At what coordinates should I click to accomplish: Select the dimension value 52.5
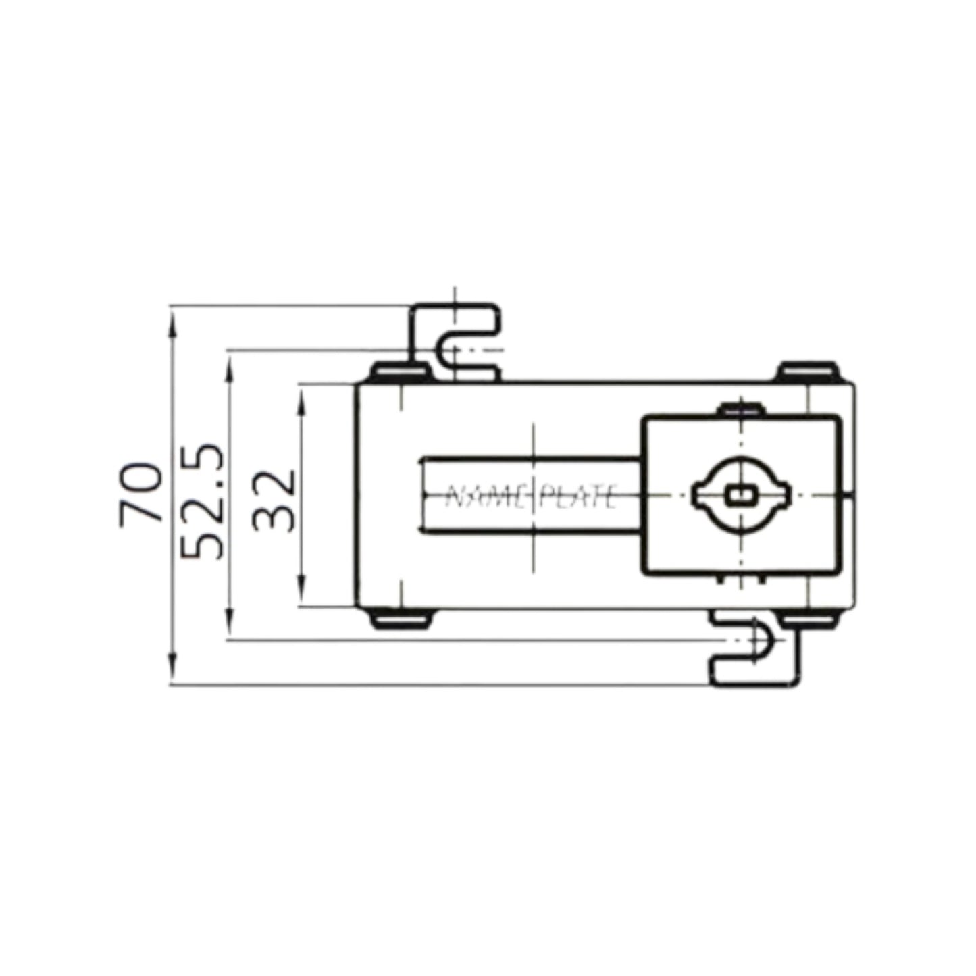[203, 500]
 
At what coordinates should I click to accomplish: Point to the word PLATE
[578, 497]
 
